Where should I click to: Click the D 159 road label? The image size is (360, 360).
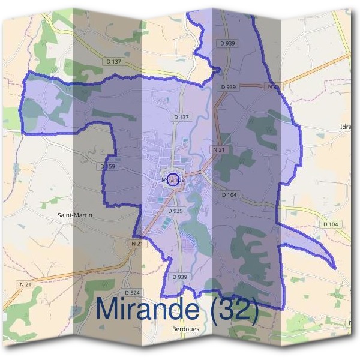coord(108,166)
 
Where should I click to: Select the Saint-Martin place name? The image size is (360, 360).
coord(74,214)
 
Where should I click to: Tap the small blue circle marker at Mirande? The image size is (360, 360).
coord(173,179)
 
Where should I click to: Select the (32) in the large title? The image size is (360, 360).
coord(231,309)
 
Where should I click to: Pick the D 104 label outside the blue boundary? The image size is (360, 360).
coord(331,224)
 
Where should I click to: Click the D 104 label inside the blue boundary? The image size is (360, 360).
coord(230,195)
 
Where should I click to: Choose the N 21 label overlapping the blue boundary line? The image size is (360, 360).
coord(272,87)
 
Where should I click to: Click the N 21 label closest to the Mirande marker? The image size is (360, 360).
coord(219,148)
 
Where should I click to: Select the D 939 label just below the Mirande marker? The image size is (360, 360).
coord(175,211)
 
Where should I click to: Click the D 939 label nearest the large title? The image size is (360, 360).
coord(180,277)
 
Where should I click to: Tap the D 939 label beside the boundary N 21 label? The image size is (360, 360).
coord(229,87)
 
